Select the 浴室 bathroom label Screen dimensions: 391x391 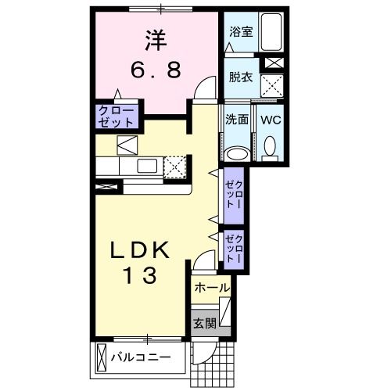tap(239, 31)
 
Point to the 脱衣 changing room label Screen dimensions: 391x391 tap(239, 77)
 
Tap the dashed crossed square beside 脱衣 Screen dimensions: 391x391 tap(271, 83)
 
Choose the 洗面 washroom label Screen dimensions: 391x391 tap(237, 120)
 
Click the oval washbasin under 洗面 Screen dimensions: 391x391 tap(237, 152)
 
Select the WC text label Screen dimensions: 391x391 tap(271, 120)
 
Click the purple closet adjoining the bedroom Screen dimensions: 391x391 tap(117, 117)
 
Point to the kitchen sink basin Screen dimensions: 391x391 tap(146, 166)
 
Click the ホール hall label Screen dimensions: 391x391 tap(212, 288)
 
